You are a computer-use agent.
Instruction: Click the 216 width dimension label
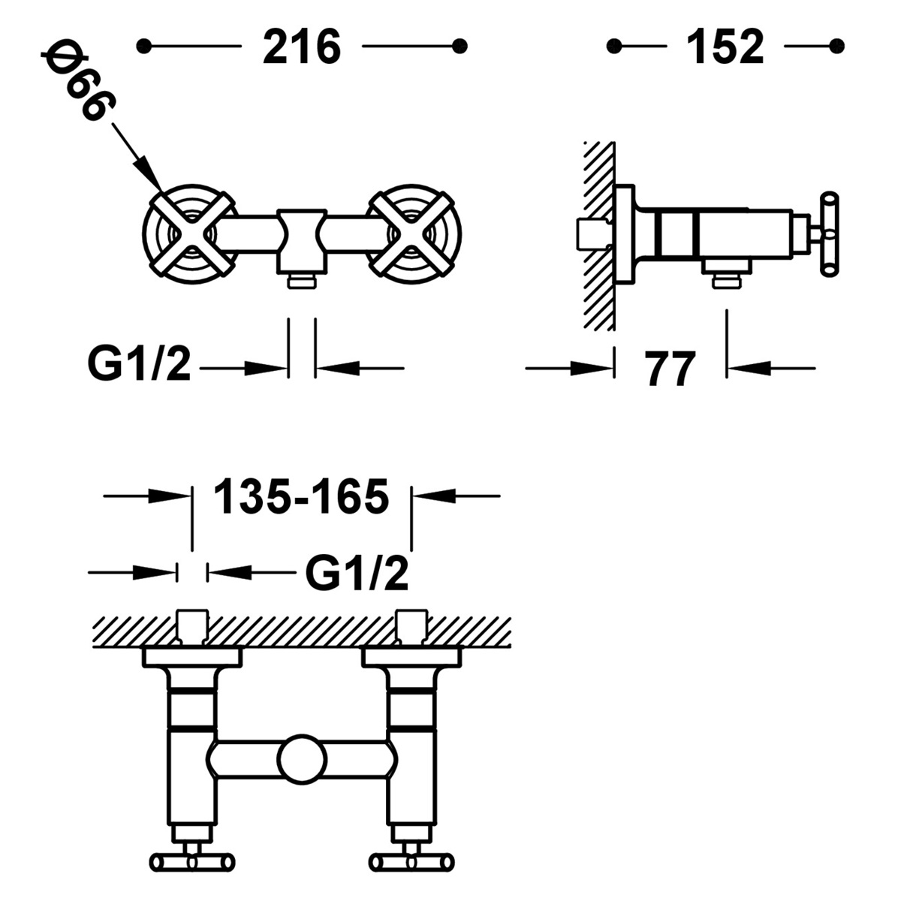[302, 47]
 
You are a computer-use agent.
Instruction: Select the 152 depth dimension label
[725, 47]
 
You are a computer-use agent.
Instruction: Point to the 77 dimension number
[670, 369]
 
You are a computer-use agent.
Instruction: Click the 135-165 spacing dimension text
[301, 496]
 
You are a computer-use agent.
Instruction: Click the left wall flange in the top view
[192, 658]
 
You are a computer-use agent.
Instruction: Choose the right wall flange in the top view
[410, 658]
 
